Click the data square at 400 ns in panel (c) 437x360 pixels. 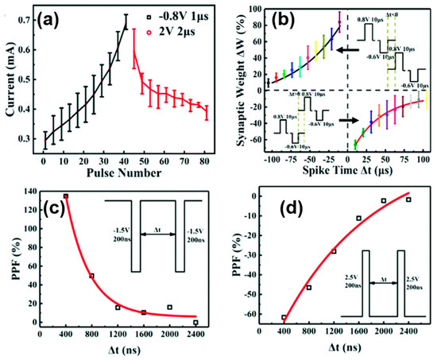pyautogui.click(x=65, y=196)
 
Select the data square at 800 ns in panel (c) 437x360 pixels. pyautogui.click(x=91, y=276)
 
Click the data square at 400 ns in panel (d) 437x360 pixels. pyautogui.click(x=283, y=318)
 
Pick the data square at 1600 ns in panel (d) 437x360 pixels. pyautogui.click(x=358, y=218)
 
